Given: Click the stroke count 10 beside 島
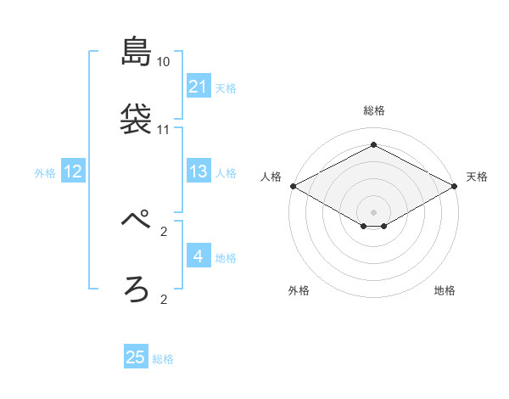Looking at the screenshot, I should (x=164, y=62).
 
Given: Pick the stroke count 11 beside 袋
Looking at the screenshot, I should (x=164, y=130).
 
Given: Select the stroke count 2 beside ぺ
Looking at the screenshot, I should (x=164, y=231).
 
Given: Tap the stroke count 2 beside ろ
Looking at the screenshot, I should (x=164, y=299).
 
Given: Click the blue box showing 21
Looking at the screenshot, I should (x=198, y=87).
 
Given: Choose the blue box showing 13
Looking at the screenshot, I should (x=198, y=172).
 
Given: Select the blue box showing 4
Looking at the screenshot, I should (x=198, y=256).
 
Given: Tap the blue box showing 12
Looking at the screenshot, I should (x=73, y=172).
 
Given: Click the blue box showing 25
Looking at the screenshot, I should (x=136, y=357).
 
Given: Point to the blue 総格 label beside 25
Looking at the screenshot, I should (x=163, y=359).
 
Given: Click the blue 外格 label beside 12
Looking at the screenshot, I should (x=45, y=173).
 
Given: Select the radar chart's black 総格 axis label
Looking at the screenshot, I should (x=373, y=110).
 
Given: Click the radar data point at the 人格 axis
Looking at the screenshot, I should (x=292, y=186).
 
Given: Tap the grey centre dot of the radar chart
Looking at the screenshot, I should (x=373, y=211).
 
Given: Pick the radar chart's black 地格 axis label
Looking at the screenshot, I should (x=445, y=290).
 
